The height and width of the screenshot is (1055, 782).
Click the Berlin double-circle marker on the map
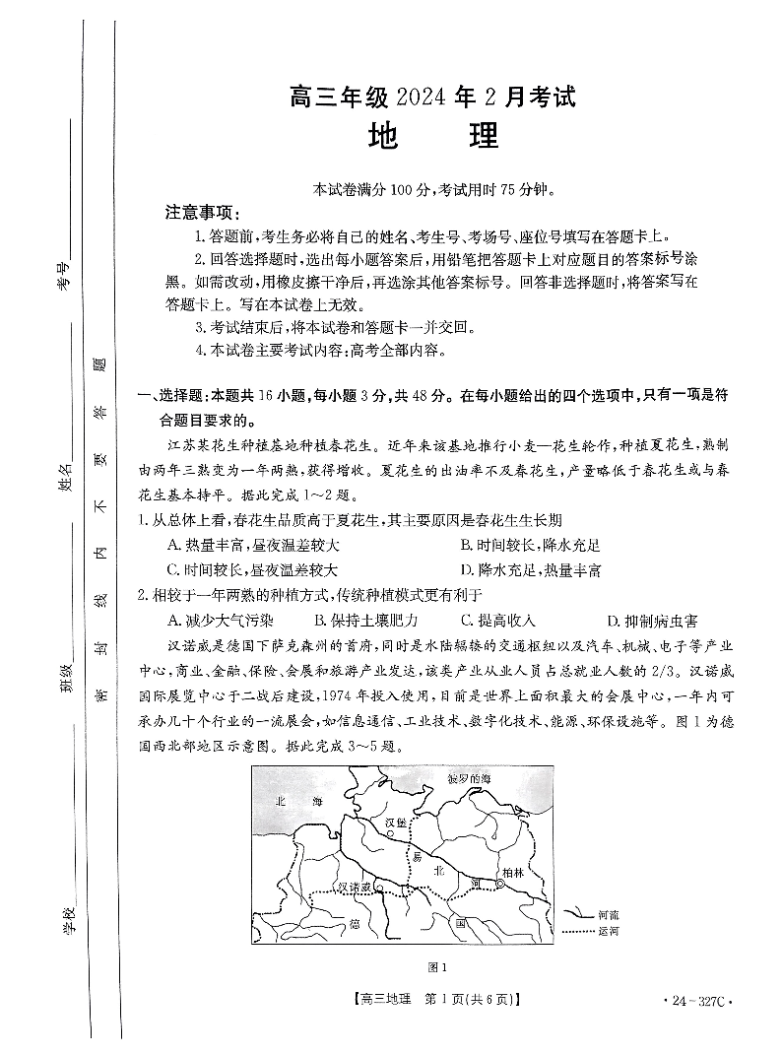tap(501, 885)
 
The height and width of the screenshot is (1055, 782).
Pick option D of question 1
tap(530, 570)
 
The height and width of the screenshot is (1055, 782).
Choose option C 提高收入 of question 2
tap(498, 621)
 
